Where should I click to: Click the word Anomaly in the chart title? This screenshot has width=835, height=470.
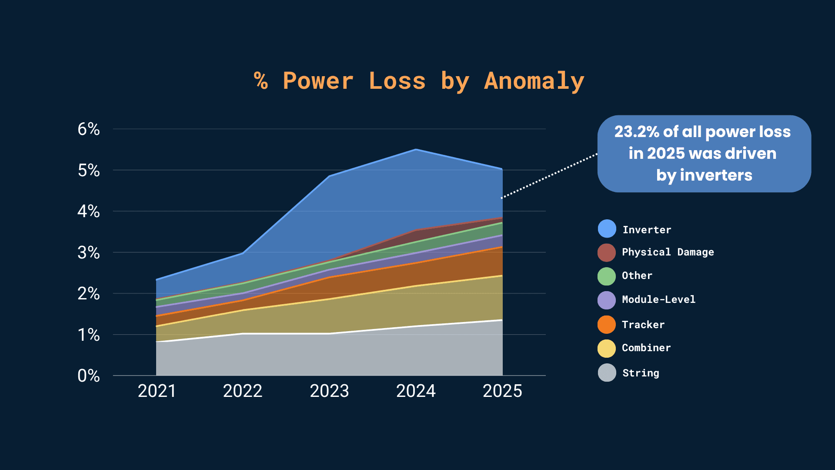[534, 81]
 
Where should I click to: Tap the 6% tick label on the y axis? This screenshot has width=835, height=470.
[89, 129]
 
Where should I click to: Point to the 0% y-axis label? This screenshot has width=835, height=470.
[89, 376]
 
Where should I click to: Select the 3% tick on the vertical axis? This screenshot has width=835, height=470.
[89, 253]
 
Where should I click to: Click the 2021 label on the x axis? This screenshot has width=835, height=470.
[157, 391]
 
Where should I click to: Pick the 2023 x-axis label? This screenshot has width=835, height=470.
[329, 391]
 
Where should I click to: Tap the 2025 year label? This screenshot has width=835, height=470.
[502, 391]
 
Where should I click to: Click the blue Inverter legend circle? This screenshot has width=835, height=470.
[607, 229]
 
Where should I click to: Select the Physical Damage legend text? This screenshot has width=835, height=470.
[668, 252]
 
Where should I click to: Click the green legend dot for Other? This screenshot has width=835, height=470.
[607, 276]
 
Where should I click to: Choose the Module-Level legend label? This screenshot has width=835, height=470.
[658, 299]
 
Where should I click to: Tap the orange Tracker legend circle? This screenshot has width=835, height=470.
[607, 325]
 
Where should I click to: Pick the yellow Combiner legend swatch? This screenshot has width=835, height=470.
[607, 348]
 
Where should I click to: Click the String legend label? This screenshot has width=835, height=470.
[641, 373]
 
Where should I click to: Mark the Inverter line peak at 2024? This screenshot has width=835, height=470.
[416, 150]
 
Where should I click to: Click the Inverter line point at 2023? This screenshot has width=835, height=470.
[330, 176]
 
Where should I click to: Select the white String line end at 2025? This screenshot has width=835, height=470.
[502, 320]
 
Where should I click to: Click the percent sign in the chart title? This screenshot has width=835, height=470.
[261, 81]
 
